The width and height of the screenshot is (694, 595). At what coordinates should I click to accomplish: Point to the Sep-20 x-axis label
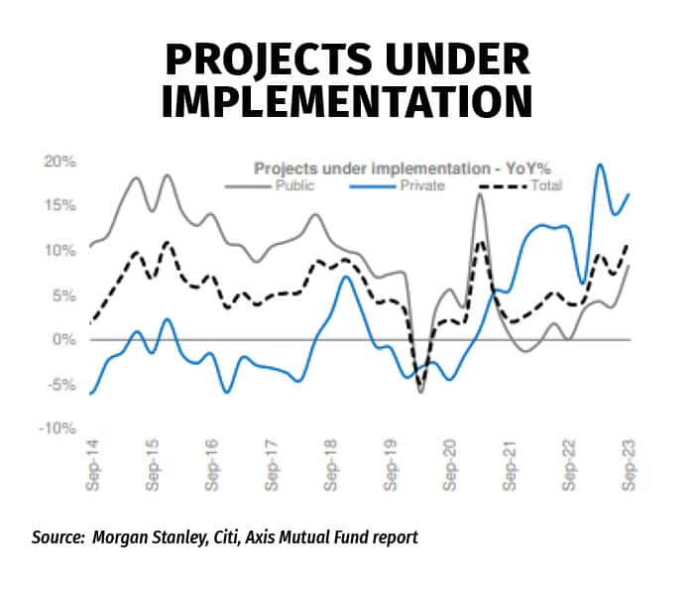click(x=450, y=467)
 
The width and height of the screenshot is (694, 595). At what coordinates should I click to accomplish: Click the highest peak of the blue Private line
click(x=600, y=165)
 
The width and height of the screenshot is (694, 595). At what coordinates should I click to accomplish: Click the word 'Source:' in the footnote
click(x=58, y=537)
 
